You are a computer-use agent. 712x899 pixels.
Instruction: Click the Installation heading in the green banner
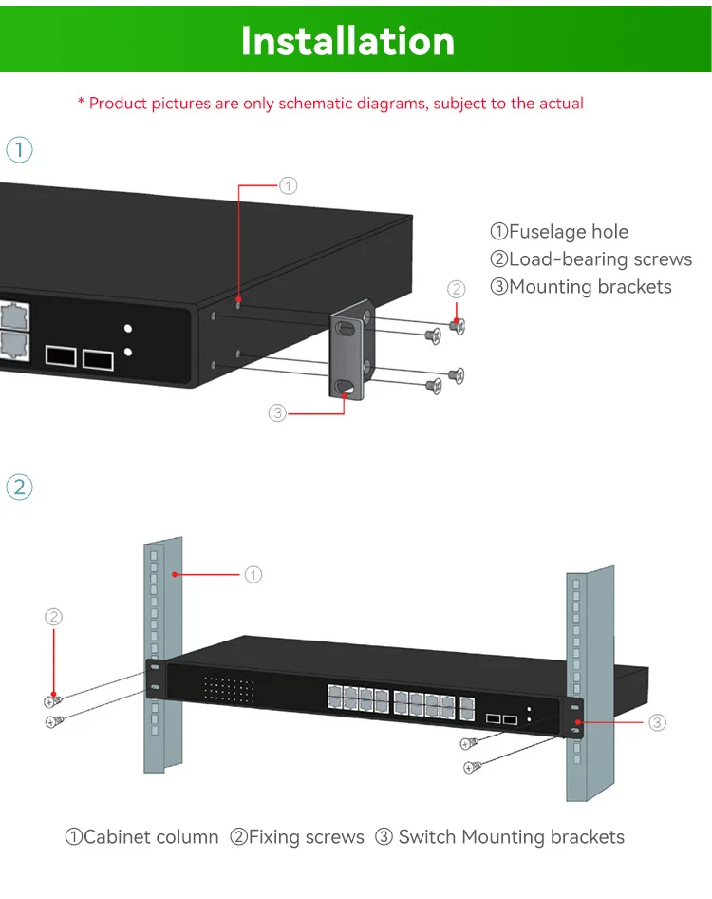click(x=347, y=41)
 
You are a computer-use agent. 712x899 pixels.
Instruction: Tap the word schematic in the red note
click(x=318, y=103)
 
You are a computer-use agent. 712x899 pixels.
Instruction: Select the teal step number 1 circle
click(x=19, y=149)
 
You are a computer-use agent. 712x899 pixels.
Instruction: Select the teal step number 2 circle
click(x=19, y=488)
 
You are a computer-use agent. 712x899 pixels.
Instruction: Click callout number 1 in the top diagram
click(x=290, y=185)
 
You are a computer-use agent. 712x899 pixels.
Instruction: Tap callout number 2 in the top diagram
click(x=457, y=289)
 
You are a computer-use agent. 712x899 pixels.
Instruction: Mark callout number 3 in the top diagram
click(x=277, y=412)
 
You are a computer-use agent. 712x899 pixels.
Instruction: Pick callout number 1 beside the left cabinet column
click(x=253, y=574)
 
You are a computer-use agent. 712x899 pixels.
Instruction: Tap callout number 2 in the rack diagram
click(x=54, y=617)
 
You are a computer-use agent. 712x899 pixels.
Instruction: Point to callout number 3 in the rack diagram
click(x=658, y=723)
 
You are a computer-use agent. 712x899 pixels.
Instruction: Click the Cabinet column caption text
click(x=141, y=837)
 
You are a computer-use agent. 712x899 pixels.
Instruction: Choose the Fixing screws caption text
click(x=297, y=837)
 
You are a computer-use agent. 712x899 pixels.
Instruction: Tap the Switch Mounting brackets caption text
click(x=500, y=837)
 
